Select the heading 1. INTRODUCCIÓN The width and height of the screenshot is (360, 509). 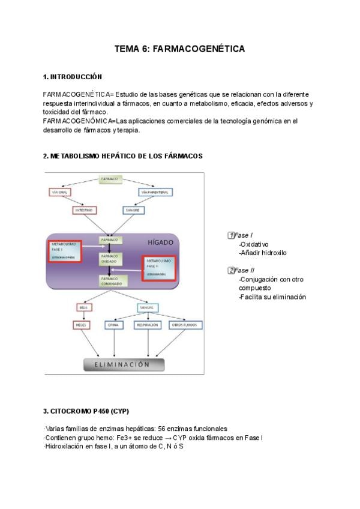click(x=73, y=77)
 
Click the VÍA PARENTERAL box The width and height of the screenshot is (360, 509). click(x=156, y=192)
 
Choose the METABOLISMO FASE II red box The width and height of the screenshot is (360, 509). click(x=159, y=268)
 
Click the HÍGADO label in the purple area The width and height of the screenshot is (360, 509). click(x=160, y=242)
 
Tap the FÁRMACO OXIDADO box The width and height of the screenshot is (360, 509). click(x=110, y=259)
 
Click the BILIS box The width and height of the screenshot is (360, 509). click(x=83, y=307)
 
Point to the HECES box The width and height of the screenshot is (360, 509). click(x=82, y=325)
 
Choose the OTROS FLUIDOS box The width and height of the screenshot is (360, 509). click(x=185, y=325)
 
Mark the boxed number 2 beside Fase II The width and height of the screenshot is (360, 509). click(x=230, y=271)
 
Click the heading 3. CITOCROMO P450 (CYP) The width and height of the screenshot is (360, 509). click(x=86, y=411)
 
